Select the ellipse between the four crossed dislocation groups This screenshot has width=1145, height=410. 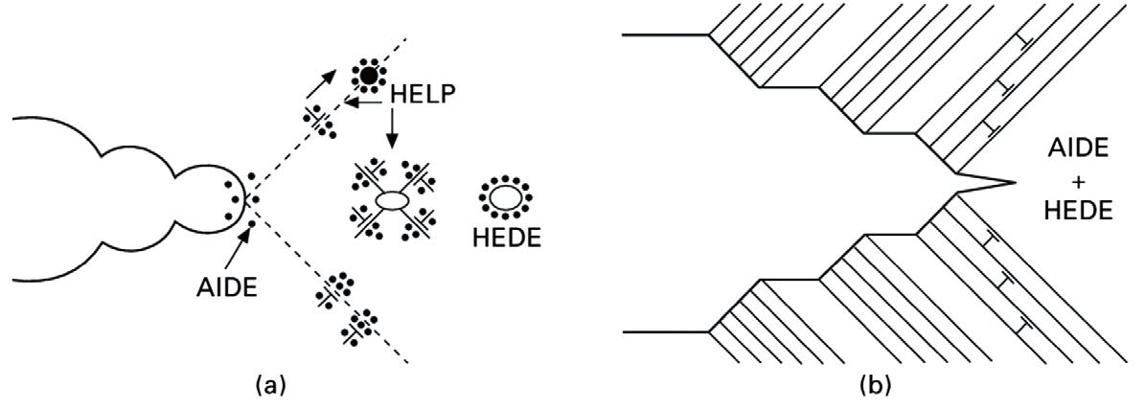[x=390, y=201]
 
